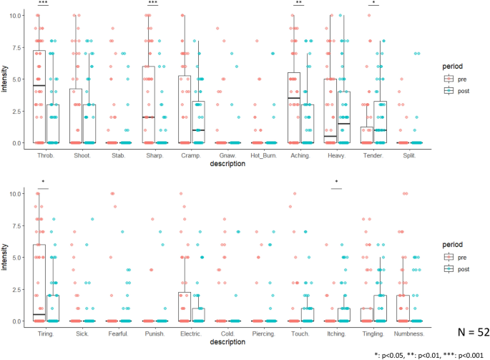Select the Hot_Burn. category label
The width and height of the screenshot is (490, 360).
click(x=263, y=153)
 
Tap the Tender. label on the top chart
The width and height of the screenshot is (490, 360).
click(x=373, y=153)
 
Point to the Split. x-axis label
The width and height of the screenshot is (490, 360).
click(x=410, y=153)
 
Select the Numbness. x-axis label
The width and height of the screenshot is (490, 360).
click(x=410, y=333)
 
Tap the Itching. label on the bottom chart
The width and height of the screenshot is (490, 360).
click(x=336, y=333)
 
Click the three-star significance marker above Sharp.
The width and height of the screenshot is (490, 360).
click(x=152, y=3)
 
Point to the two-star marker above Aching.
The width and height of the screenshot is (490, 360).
click(x=299, y=3)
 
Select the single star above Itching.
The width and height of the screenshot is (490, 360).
click(x=336, y=183)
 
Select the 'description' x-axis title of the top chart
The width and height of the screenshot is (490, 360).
click(x=225, y=163)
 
